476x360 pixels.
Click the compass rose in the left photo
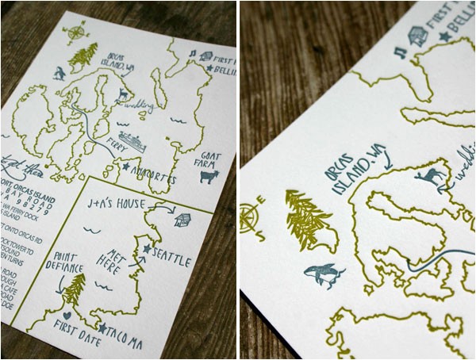point(76,33)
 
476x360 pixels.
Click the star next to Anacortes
point(126,167)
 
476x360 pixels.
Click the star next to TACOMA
point(102,327)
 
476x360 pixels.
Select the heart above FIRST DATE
point(67,315)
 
